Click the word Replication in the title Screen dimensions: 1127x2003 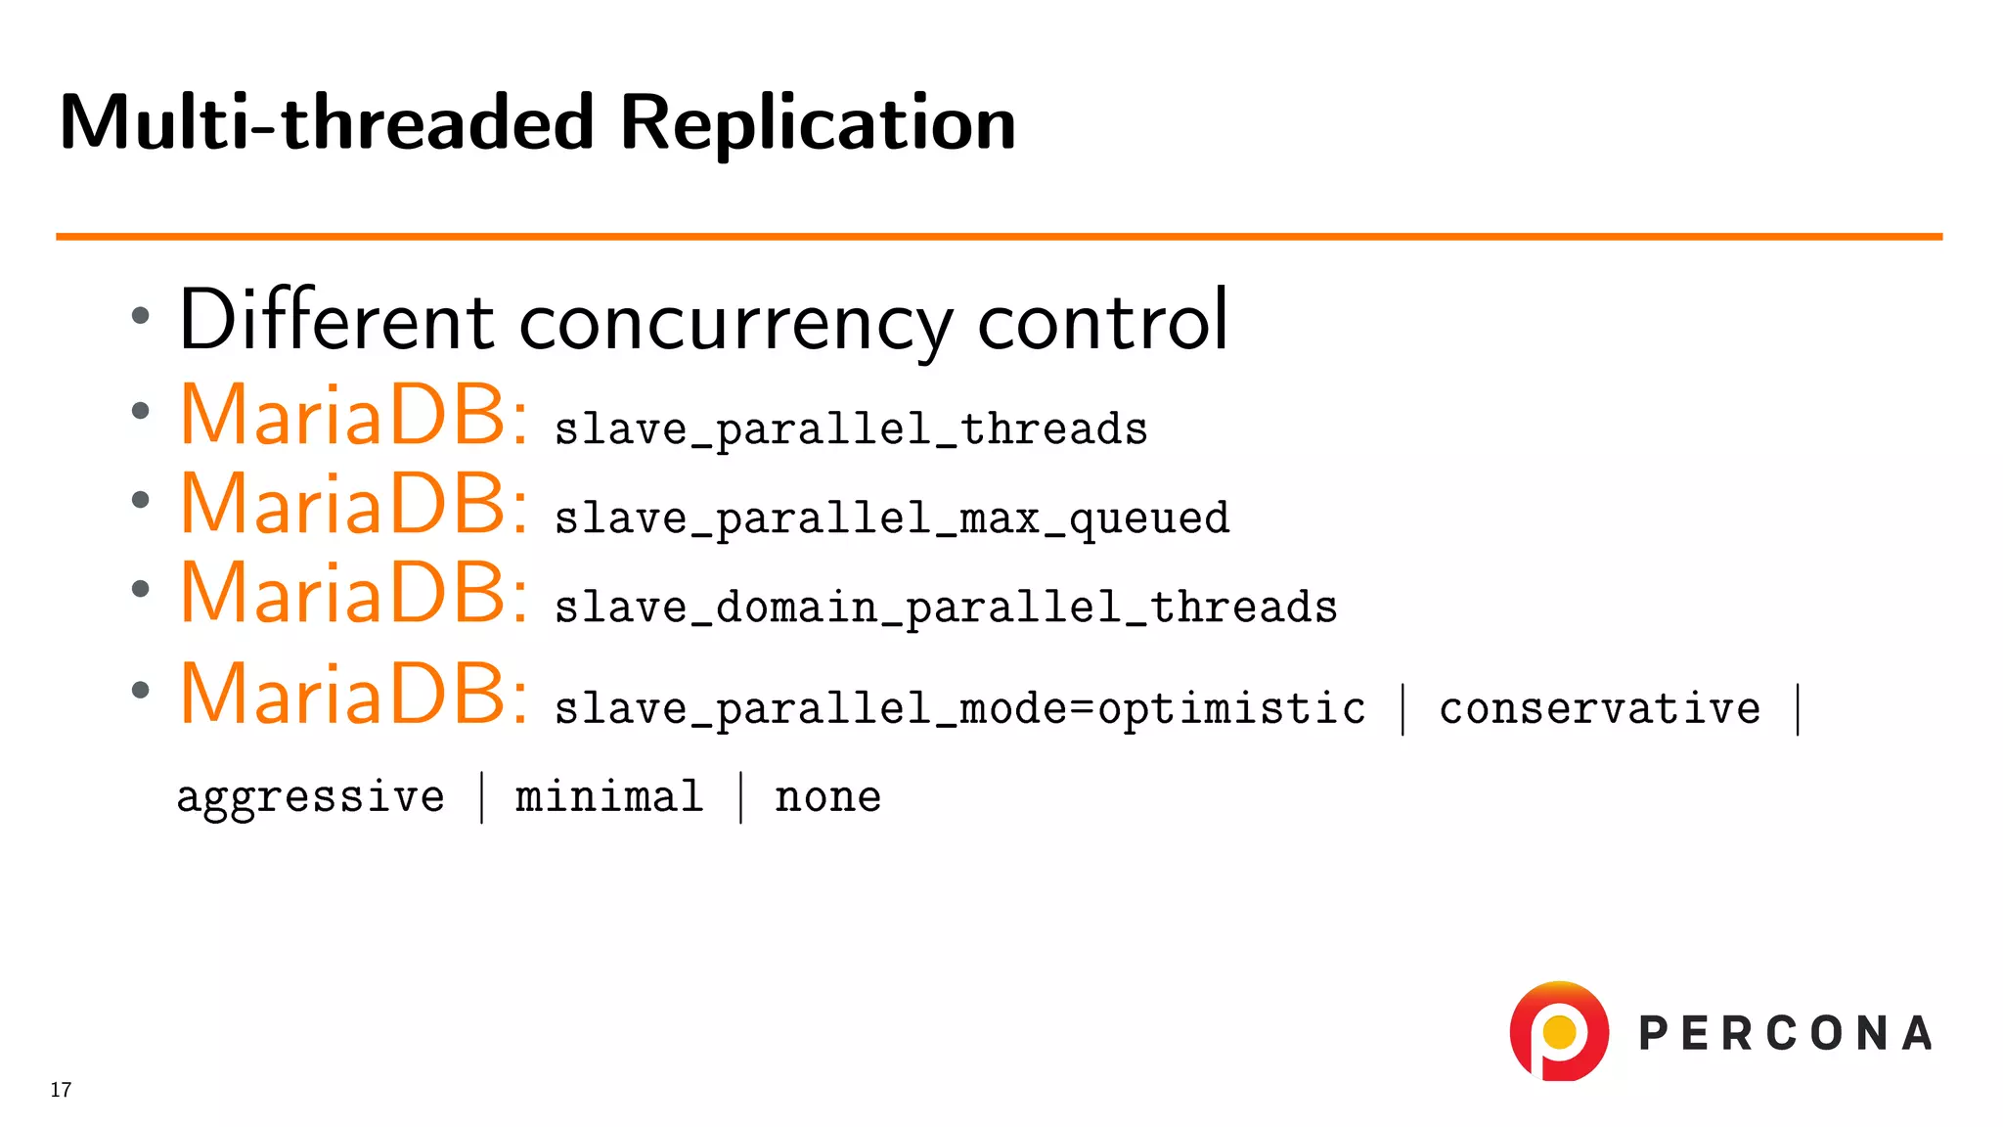818,123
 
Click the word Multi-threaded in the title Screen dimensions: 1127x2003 327,123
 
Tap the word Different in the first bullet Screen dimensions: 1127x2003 336,321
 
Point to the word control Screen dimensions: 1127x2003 1102,321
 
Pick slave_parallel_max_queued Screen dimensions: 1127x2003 892,518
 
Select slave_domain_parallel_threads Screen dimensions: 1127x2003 946,608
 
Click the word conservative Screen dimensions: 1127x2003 1600,708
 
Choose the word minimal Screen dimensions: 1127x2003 609,796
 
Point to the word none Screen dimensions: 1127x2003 827,797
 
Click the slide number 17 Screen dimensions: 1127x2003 61,1090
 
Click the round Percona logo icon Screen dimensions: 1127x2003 1559,1031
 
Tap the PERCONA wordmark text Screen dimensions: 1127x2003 1785,1034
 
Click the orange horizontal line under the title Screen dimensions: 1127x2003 998,237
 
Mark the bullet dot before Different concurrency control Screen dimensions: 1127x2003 141,316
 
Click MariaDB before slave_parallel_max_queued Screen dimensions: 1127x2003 353,504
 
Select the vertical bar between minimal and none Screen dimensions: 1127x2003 740,796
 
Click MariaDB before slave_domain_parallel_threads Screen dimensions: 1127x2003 353,593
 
